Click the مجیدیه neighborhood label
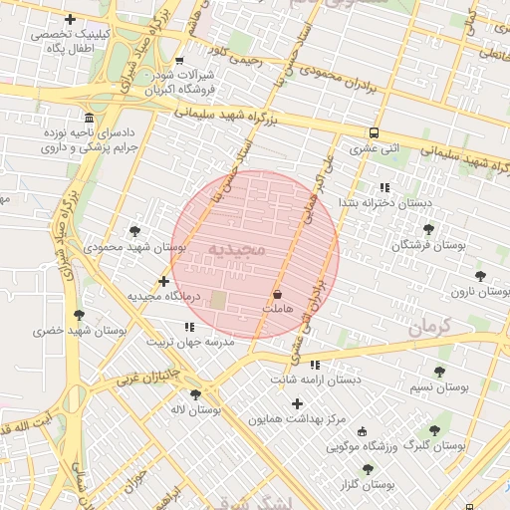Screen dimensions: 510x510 tap(238, 247)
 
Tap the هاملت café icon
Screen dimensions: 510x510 tap(277, 295)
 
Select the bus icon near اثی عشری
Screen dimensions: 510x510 tap(374, 132)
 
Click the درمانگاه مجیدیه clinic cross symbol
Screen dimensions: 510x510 tap(164, 282)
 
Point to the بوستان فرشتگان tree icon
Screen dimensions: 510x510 tap(428, 229)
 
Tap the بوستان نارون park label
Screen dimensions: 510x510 tap(471, 292)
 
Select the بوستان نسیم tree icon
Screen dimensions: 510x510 tap(439, 371)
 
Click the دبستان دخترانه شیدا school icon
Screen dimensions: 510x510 tap(383, 186)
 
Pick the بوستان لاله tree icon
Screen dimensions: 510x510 tap(194, 394)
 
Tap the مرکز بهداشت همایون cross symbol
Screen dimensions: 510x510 tap(297, 403)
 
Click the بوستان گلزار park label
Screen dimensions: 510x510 tap(367, 484)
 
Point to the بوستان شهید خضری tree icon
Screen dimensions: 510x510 tap(79, 315)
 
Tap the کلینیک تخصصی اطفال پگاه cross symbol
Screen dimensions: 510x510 tap(70, 19)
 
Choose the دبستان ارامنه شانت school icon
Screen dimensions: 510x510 tap(316, 365)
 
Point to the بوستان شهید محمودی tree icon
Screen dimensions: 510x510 tap(136, 231)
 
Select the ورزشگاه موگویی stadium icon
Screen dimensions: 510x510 tap(362, 432)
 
